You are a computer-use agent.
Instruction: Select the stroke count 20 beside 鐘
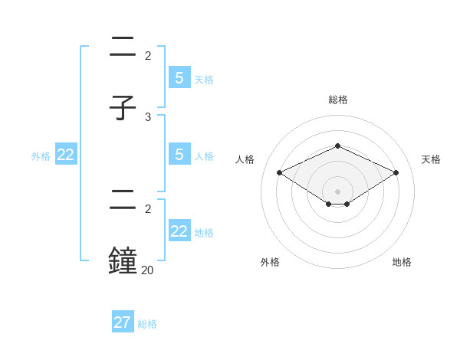147,270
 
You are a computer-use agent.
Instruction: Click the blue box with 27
123,322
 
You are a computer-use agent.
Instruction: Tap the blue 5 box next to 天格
179,78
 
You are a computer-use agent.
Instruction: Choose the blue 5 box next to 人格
179,155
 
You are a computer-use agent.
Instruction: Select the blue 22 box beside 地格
179,231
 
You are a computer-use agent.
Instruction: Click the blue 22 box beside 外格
66,155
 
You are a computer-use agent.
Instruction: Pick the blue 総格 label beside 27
147,324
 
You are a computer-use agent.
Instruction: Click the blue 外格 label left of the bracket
41,156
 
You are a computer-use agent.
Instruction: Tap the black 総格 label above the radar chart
337,100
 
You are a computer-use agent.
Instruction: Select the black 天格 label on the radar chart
431,159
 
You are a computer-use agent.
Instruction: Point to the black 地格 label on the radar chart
402,262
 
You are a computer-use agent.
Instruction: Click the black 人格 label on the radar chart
245,159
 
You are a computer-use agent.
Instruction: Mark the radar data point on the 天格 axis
396,173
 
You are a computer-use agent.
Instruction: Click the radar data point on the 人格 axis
280,173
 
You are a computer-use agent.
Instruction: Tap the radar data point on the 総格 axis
337,146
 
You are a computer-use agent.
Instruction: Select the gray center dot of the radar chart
337,191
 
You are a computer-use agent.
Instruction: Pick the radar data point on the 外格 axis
329,204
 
